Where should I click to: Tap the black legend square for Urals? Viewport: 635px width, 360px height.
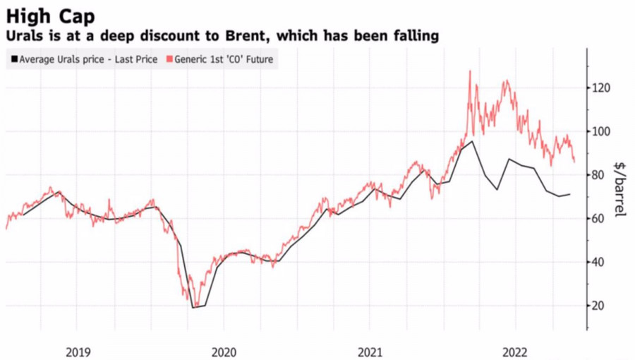(13, 59)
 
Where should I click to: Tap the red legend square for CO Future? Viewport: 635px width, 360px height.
(166, 59)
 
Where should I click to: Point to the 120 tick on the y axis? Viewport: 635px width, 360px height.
(600, 88)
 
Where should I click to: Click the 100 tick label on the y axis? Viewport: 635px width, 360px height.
(600, 132)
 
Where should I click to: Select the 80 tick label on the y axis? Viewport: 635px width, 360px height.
(598, 175)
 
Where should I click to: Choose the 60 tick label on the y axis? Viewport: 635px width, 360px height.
(598, 219)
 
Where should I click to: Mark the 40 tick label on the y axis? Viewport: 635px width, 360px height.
(598, 263)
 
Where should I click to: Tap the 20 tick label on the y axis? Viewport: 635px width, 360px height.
(598, 306)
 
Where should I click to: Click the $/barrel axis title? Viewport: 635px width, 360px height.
(620, 189)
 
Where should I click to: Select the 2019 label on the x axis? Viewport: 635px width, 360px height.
(78, 351)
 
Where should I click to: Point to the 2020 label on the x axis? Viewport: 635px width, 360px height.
(224, 351)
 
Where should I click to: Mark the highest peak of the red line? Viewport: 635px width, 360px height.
(469, 71)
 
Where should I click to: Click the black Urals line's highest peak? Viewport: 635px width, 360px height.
(472, 141)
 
